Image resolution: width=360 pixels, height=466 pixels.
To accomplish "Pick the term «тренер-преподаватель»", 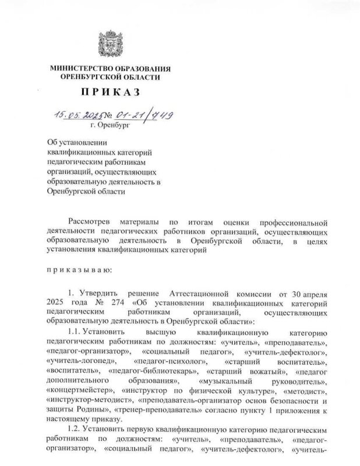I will coord(161,411).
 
